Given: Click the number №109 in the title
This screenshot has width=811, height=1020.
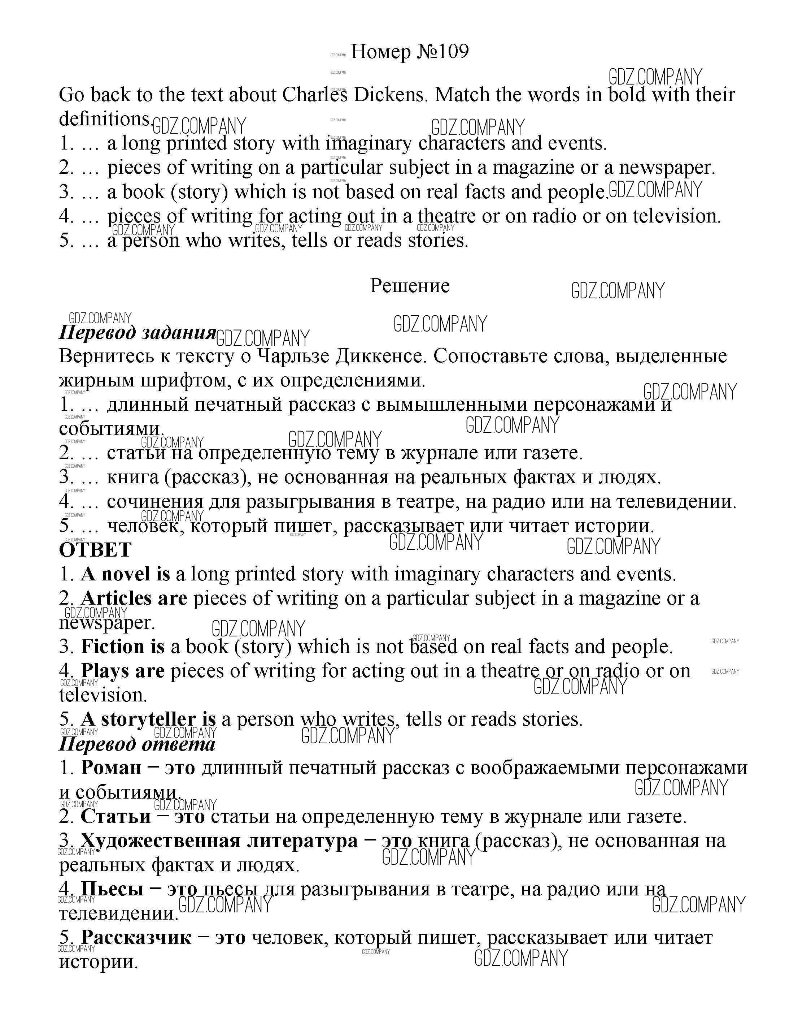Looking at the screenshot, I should point(442,52).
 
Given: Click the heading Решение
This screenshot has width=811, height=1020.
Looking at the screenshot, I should point(410,285).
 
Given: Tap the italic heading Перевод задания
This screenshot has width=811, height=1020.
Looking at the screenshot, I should point(137,332).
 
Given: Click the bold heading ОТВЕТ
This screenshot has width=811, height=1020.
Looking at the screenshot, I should point(95,550).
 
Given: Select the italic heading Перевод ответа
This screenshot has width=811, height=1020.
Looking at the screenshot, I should point(137,744).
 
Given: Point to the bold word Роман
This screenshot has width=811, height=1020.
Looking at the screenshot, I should point(111,768).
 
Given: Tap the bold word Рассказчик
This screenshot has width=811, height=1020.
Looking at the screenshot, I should point(136,937).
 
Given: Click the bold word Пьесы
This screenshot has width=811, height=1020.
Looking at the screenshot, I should point(112,889).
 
